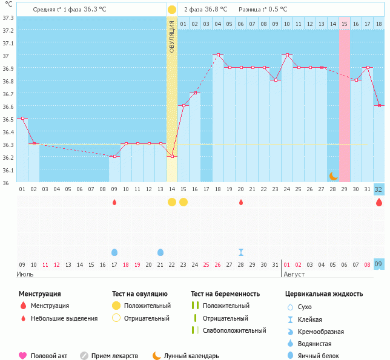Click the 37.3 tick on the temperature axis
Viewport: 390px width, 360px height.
[x=8, y=17]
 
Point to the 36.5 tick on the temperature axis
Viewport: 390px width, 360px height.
[x=8, y=119]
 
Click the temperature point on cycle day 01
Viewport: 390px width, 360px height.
[x=22, y=118]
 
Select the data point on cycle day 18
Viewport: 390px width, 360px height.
[x=218, y=55]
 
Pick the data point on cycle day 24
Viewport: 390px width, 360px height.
[x=287, y=55]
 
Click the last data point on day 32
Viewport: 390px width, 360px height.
[x=379, y=106]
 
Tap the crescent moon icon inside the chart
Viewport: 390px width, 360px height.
[x=333, y=175]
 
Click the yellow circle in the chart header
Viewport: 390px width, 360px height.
[x=172, y=10]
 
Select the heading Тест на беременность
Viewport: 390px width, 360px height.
[x=225, y=294]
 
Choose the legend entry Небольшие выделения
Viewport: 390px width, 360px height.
[x=64, y=318]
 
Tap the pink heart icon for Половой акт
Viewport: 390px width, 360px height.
[x=23, y=356]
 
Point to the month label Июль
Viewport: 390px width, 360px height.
[x=25, y=274]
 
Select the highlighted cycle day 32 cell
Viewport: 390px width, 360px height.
[x=379, y=189]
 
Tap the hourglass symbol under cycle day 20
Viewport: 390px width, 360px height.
[x=241, y=252]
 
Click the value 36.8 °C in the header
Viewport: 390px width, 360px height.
[x=216, y=10]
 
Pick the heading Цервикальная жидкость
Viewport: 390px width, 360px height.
[x=324, y=294]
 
